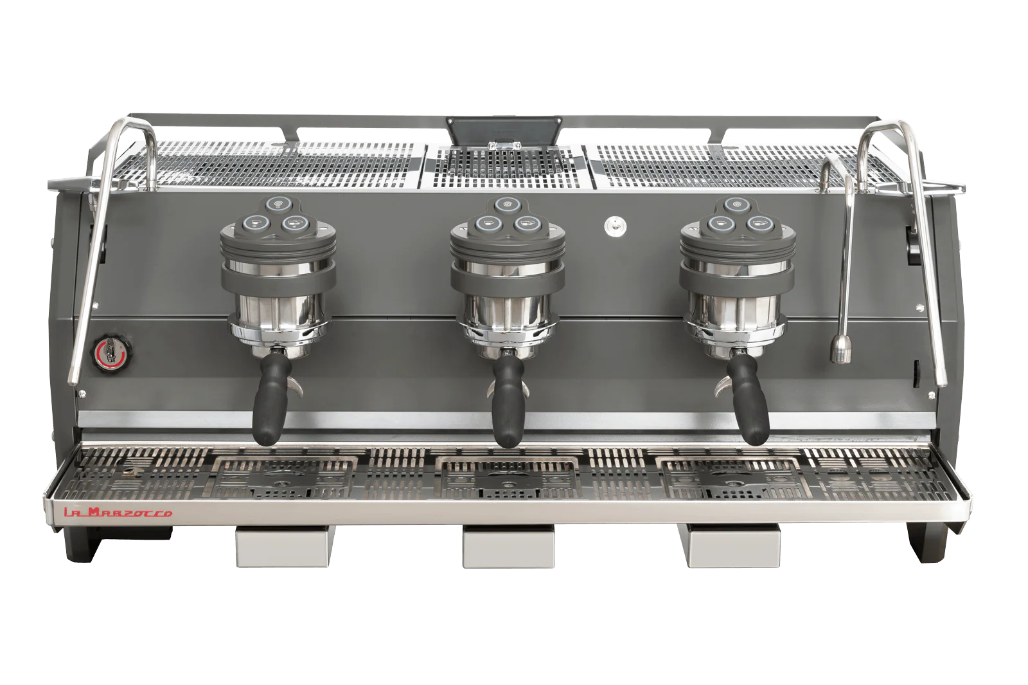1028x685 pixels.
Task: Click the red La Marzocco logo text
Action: tap(118, 512)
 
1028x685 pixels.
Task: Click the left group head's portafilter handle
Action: tap(272, 399)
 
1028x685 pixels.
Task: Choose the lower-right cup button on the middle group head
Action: tap(524, 224)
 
